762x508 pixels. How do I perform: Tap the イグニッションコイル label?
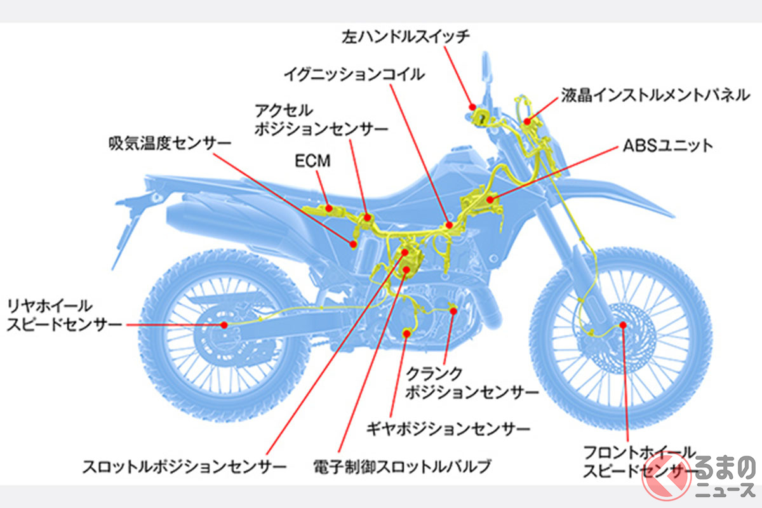pos(354,75)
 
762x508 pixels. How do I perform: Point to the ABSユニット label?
pos(666,146)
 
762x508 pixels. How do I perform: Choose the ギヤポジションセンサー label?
pos(448,429)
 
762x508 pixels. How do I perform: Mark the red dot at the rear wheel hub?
pos(224,324)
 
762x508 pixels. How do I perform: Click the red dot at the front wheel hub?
pos(623,324)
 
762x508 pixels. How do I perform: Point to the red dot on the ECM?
pos(329,207)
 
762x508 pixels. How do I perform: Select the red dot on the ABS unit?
pos(490,200)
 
